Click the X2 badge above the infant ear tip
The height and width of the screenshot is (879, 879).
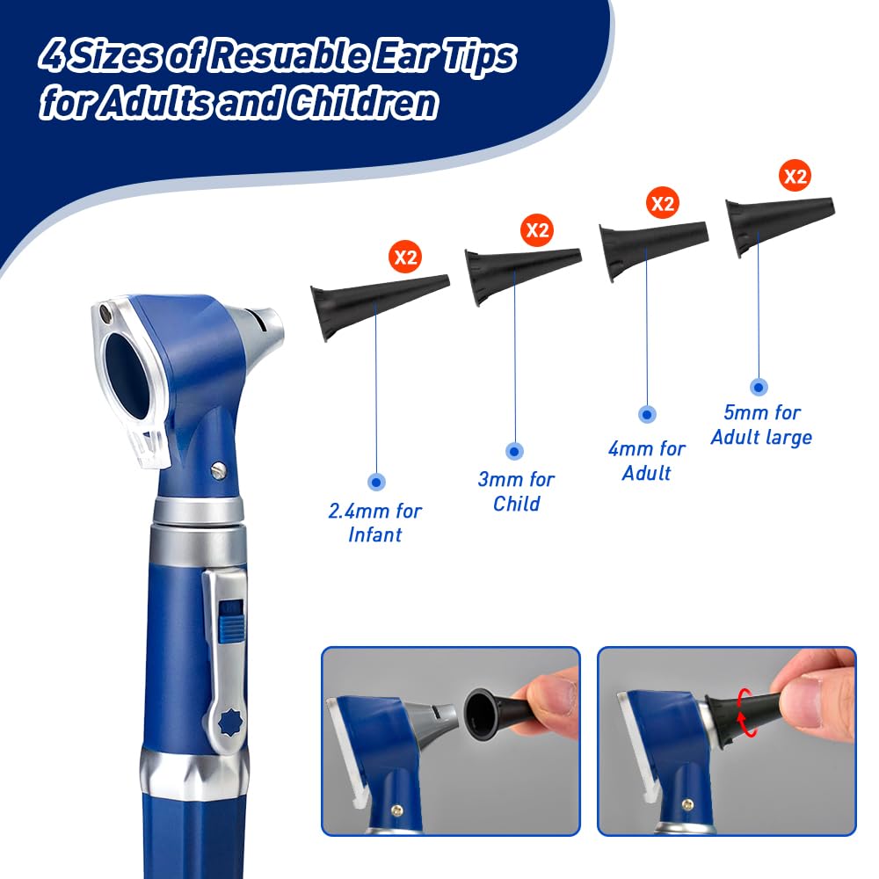pyautogui.click(x=405, y=257)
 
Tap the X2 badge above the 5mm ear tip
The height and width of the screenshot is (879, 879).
pyautogui.click(x=795, y=176)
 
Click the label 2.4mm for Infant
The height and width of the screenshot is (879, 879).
pyautogui.click(x=375, y=522)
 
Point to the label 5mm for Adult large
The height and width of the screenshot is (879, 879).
pyautogui.click(x=761, y=425)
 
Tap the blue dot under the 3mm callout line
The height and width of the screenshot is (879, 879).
pyautogui.click(x=514, y=451)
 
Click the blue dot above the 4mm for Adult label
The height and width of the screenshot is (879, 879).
pyautogui.click(x=647, y=414)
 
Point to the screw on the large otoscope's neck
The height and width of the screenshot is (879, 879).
pyautogui.click(x=219, y=469)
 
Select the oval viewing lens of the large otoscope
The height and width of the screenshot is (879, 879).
pyautogui.click(x=128, y=374)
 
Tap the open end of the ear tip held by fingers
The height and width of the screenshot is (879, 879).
pyautogui.click(x=479, y=713)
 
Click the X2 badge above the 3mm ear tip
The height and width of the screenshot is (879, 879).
pyautogui.click(x=537, y=229)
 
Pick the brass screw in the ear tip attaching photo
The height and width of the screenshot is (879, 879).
pyautogui.click(x=397, y=810)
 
